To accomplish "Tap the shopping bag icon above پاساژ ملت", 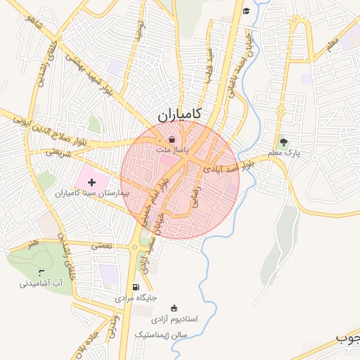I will (x=172, y=139).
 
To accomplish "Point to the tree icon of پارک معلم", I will (x=283, y=143).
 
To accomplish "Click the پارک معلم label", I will (x=283, y=153).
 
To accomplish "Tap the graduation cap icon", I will (x=246, y=11).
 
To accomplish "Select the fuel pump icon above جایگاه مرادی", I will (x=136, y=287).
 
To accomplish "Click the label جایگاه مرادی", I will (x=135, y=298).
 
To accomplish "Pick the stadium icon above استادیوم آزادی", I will (x=174, y=308).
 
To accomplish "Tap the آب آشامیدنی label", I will (x=41, y=283).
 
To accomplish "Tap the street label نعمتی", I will (x=103, y=245).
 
